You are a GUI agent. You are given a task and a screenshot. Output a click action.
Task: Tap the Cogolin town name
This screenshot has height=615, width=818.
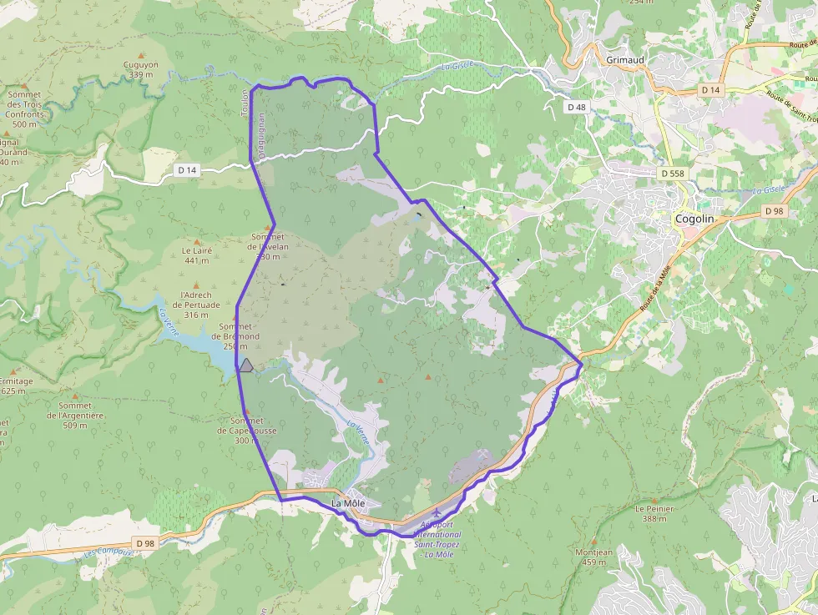[694, 219]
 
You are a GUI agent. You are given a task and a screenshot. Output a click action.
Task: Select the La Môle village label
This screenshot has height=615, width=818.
[348, 504]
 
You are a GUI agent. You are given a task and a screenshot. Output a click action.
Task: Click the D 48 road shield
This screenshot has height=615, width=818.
[577, 107]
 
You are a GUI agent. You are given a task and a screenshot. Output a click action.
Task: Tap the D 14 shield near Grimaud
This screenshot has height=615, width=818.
[710, 89]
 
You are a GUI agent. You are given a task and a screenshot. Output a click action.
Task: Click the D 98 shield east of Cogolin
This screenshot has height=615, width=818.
[775, 211]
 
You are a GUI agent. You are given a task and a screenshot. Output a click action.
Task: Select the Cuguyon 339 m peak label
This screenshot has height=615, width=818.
[141, 70]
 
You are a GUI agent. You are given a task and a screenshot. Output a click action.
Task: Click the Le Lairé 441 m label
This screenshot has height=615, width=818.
[197, 255]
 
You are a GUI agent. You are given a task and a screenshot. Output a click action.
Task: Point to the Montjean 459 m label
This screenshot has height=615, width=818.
[594, 557]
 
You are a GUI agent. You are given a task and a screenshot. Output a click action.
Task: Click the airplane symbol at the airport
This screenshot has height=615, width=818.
[436, 512]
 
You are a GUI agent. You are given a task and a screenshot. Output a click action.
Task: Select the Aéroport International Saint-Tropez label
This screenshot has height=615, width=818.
[437, 535]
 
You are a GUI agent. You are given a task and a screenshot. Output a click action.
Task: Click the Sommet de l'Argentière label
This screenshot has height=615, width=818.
[74, 416]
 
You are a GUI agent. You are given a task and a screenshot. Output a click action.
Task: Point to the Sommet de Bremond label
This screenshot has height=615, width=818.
[239, 331]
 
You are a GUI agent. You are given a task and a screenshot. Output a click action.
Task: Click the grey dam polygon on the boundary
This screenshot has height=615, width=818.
[245, 365]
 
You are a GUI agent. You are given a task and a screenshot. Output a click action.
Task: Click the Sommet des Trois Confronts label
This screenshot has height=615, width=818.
[25, 109]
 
